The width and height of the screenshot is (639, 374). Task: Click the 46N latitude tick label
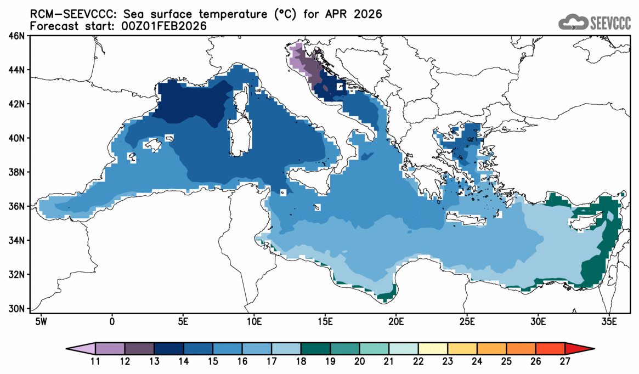coord(18,36)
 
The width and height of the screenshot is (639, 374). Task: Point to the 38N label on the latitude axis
coord(18,172)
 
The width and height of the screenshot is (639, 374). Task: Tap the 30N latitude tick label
coord(18,308)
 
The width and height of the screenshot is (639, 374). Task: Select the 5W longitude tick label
coord(40,320)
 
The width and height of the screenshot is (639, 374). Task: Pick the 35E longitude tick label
coord(609,320)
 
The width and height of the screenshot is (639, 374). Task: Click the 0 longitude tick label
coord(112,320)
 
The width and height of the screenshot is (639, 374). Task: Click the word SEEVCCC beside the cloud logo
coord(610,22)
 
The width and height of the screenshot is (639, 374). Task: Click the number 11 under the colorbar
coord(95,361)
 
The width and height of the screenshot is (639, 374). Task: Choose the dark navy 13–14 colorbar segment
coord(168,349)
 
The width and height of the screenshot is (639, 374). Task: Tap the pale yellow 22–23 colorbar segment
coord(433,349)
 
